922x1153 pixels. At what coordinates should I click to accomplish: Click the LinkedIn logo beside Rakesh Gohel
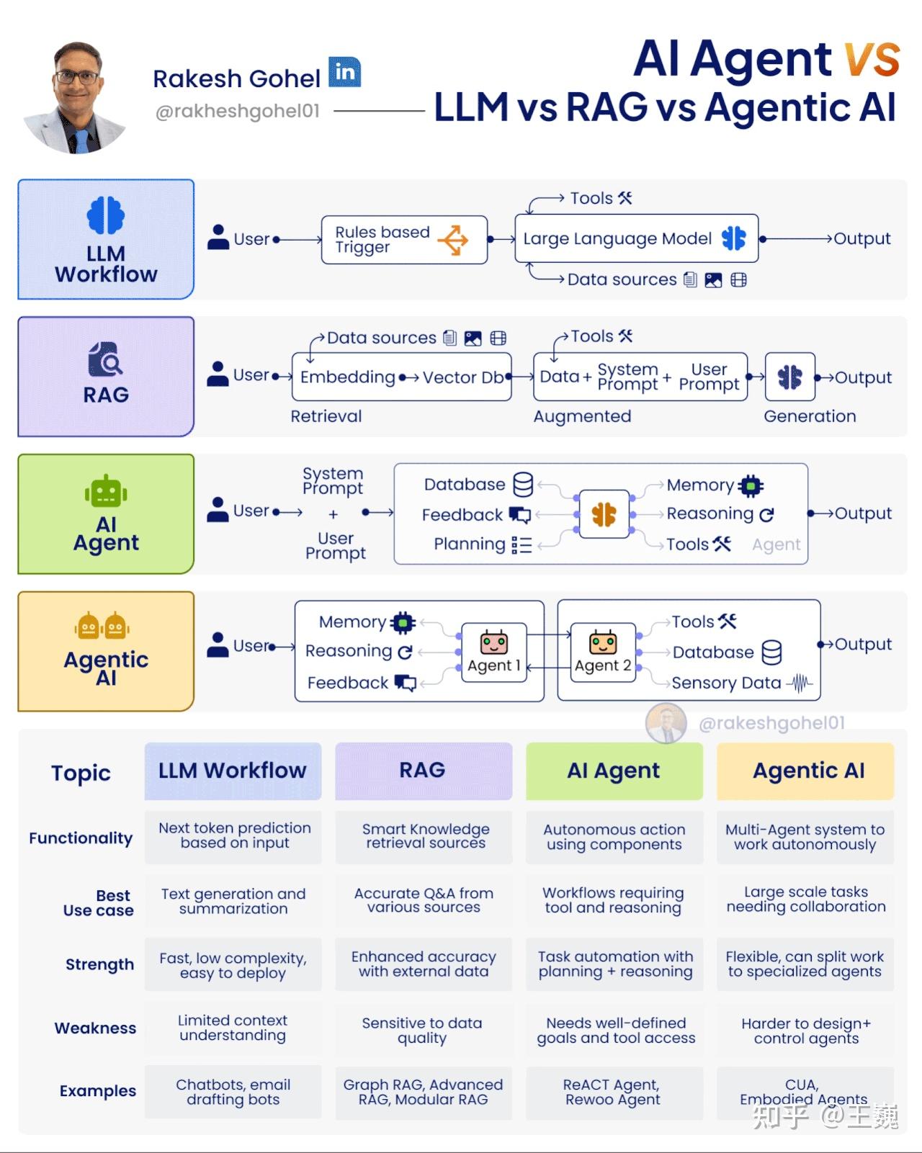pyautogui.click(x=345, y=72)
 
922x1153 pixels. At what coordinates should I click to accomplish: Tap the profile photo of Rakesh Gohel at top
pyautogui.click(x=76, y=97)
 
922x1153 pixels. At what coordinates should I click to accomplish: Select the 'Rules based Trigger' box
pyautogui.click(x=403, y=240)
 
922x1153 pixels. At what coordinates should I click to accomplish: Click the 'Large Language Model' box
pyautogui.click(x=636, y=238)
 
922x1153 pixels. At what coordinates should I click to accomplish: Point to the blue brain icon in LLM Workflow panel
pyautogui.click(x=106, y=215)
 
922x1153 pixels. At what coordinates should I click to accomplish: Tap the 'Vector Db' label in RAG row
pyautogui.click(x=462, y=377)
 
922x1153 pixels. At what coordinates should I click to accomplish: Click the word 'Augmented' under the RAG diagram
pyautogui.click(x=582, y=416)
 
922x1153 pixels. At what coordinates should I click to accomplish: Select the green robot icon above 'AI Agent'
pyautogui.click(x=106, y=493)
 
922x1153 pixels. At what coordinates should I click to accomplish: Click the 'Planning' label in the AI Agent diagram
pyautogui.click(x=469, y=544)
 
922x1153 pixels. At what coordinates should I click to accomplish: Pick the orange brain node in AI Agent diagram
pyautogui.click(x=604, y=514)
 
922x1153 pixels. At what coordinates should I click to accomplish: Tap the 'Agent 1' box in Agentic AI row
pyautogui.click(x=494, y=652)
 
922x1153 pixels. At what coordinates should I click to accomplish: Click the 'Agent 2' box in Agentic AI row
pyautogui.click(x=603, y=652)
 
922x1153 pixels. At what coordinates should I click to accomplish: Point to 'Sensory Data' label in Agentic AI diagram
pyautogui.click(x=726, y=683)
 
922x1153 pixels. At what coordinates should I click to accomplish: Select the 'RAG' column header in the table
pyautogui.click(x=423, y=771)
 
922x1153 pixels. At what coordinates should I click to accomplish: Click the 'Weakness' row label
pyautogui.click(x=95, y=1028)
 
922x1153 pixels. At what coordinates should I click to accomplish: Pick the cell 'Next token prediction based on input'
pyautogui.click(x=234, y=836)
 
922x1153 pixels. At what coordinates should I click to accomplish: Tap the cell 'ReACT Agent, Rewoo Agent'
pyautogui.click(x=613, y=1093)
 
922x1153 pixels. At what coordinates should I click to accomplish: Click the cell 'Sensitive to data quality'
pyautogui.click(x=422, y=1031)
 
